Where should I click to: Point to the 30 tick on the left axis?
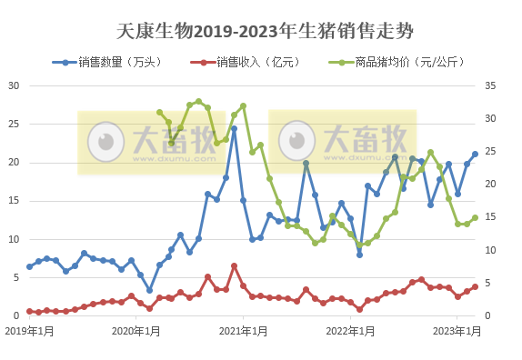pos(14,85)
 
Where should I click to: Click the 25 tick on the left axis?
pos(14,124)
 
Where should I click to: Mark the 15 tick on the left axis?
pos(14,201)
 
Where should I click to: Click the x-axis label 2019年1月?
pos(28,330)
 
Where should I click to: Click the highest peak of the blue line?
pos(234,128)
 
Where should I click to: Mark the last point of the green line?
pos(475,218)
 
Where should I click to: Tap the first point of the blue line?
pos(29,266)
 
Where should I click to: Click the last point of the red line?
pos(475,287)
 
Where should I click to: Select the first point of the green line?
pos(159,113)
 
